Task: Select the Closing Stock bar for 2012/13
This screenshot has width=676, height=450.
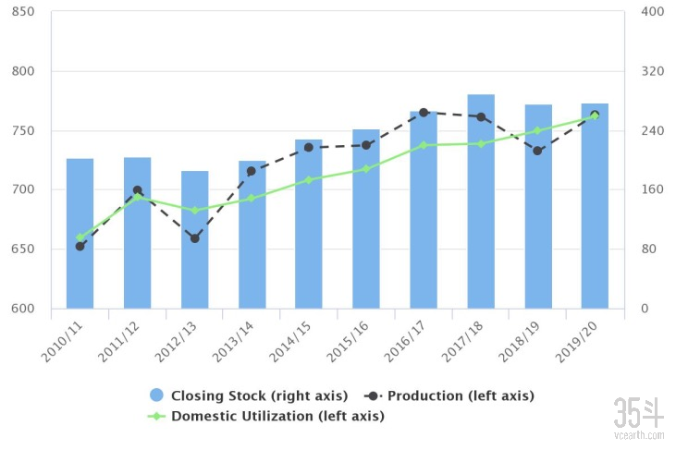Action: click(194, 239)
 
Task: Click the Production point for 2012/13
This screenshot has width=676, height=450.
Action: click(194, 238)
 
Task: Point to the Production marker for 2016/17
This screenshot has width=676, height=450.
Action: click(424, 113)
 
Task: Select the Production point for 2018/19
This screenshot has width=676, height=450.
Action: click(537, 151)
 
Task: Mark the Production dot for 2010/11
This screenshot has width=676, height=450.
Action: click(80, 246)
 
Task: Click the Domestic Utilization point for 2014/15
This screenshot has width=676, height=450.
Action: click(309, 180)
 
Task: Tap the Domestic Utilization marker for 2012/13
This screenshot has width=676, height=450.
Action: click(194, 211)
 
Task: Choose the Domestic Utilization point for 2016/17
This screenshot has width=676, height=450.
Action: click(424, 145)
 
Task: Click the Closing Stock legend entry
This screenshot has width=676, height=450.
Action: click(249, 395)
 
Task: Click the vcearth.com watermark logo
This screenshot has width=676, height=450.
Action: click(639, 416)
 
